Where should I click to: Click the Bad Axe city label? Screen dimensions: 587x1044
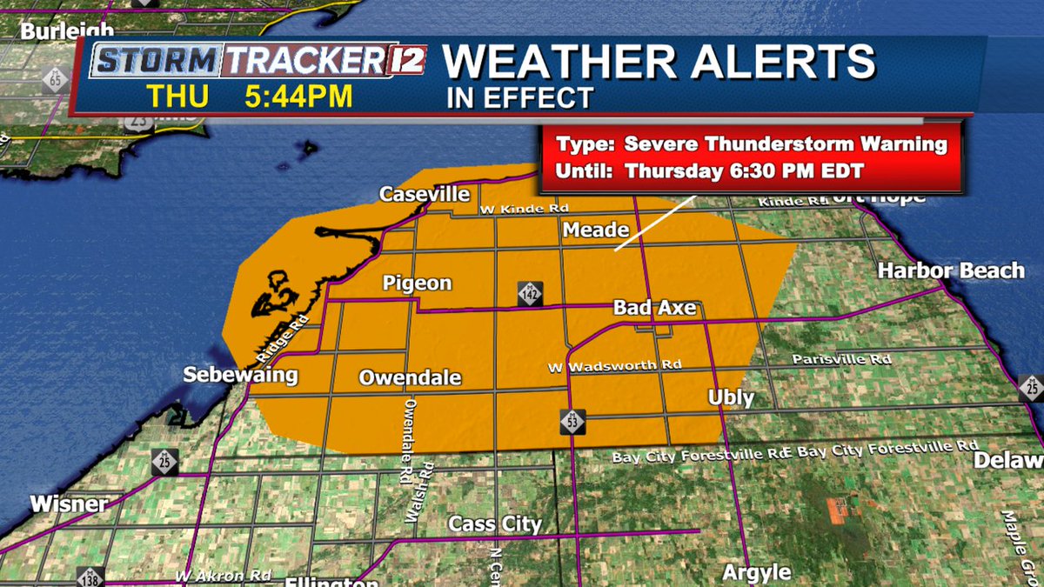[655, 308]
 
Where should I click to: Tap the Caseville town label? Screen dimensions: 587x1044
[424, 194]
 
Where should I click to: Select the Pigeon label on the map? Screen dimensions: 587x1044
[418, 283]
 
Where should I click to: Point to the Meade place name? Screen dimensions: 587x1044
[595, 230]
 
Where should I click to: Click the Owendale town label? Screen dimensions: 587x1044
[410, 378]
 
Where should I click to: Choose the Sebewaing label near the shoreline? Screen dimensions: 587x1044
[240, 376]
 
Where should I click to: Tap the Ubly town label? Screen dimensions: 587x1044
[730, 397]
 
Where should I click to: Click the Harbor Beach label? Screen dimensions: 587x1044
[950, 270]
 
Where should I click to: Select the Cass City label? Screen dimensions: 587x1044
[494, 524]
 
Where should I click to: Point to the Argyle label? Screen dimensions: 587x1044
[757, 572]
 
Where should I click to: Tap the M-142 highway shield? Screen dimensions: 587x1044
[529, 293]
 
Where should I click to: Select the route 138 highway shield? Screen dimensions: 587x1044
[90, 577]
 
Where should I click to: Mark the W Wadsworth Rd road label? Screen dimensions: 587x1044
[614, 366]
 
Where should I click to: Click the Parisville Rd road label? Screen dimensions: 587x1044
[841, 359]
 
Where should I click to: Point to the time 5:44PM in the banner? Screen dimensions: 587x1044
[298, 97]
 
